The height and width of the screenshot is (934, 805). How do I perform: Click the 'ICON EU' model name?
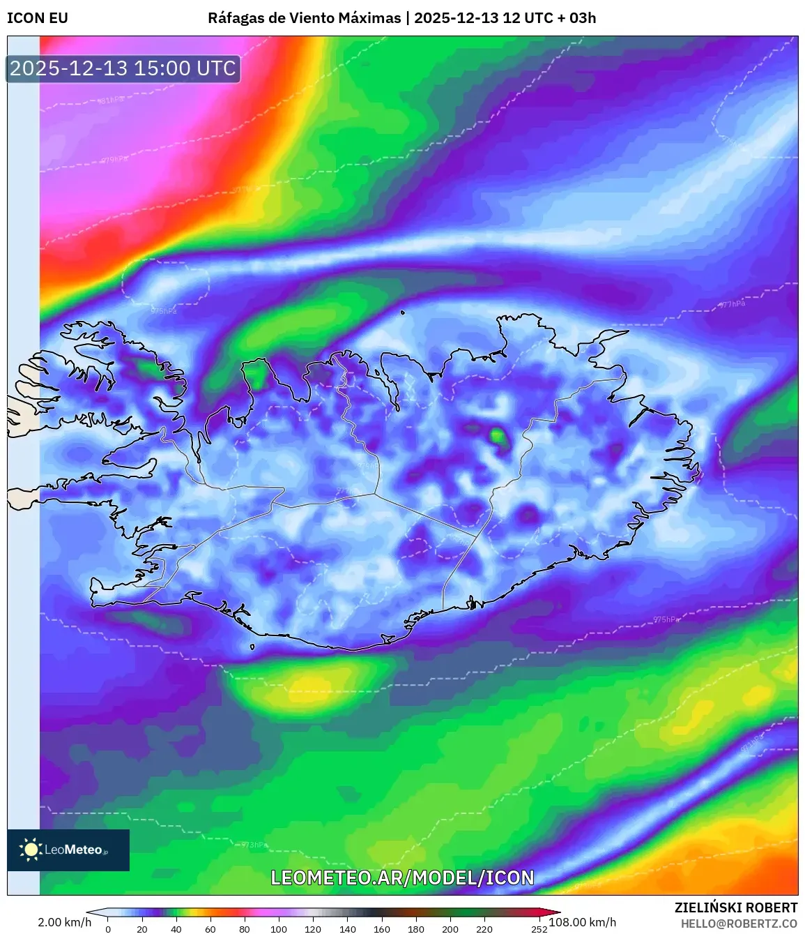tap(38, 18)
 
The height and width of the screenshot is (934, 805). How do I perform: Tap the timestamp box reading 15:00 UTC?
tap(123, 68)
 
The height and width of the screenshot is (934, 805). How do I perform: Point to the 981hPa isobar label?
tap(112, 100)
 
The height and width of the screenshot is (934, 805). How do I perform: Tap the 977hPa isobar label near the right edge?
tap(732, 304)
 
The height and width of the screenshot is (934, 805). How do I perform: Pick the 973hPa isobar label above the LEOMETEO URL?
tap(254, 845)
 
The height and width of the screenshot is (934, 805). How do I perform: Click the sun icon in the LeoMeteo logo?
tap(31, 849)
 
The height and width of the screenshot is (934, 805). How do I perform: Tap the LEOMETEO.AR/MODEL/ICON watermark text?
tap(402, 877)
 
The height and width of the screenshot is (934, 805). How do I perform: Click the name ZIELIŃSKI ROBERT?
tap(736, 907)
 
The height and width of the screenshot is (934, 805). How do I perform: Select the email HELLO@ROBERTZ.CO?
tap(739, 924)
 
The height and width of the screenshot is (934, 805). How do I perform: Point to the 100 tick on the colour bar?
tap(279, 929)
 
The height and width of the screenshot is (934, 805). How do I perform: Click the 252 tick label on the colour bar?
tap(539, 929)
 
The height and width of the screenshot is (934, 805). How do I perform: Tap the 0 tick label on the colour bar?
tap(108, 929)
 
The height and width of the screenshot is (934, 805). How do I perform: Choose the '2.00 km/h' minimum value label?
tap(64, 922)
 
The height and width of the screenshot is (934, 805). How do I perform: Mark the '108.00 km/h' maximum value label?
tap(583, 922)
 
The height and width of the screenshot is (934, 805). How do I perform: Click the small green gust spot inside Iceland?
tap(498, 437)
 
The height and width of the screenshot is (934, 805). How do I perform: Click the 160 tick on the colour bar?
tap(382, 929)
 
